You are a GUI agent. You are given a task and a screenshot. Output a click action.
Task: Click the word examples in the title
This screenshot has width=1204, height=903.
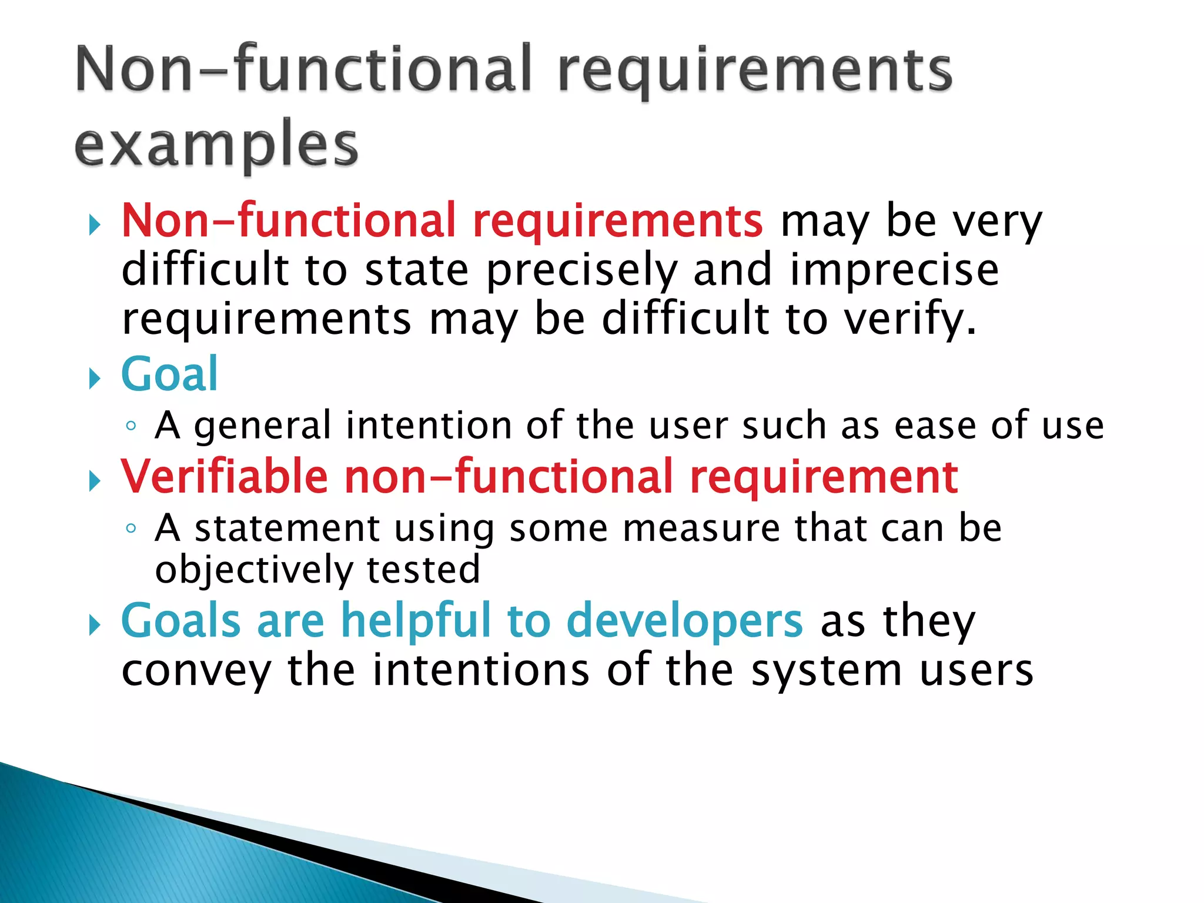pyautogui.click(x=216, y=145)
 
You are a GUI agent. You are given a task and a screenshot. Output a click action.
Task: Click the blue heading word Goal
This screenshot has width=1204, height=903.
pyautogui.click(x=169, y=374)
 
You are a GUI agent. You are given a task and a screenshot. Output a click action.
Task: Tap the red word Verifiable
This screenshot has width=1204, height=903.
pyautogui.click(x=225, y=477)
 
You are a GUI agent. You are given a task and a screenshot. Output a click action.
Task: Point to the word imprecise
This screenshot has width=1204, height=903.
pyautogui.click(x=894, y=270)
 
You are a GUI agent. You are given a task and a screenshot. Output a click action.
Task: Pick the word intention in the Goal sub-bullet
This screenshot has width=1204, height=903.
pyautogui.click(x=429, y=425)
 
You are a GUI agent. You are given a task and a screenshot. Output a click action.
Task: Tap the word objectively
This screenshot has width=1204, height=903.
pyautogui.click(x=253, y=570)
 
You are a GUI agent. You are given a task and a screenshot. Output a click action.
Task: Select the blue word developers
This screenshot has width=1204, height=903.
pyautogui.click(x=684, y=621)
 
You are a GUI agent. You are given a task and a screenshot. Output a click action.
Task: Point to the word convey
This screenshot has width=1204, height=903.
pyautogui.click(x=196, y=671)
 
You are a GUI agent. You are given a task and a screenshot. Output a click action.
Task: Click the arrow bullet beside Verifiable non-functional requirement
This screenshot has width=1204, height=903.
pyautogui.click(x=94, y=481)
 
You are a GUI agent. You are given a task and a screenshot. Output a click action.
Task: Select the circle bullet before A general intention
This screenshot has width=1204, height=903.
pyautogui.click(x=131, y=426)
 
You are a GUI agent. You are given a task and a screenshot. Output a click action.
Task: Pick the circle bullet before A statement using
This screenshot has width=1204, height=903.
pyautogui.click(x=131, y=529)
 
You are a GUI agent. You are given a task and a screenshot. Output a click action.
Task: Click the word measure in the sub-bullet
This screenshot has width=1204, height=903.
pyautogui.click(x=701, y=528)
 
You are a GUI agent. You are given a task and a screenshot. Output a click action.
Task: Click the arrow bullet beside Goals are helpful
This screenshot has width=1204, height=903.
pyautogui.click(x=94, y=626)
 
